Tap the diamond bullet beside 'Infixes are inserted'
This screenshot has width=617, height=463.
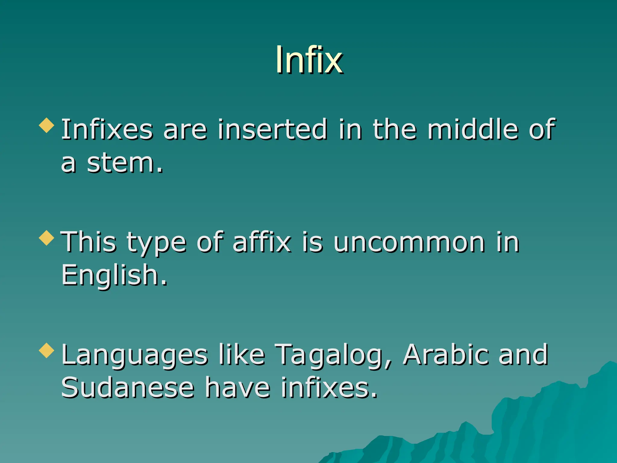tap(47, 125)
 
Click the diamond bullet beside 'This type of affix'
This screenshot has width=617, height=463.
tap(47, 238)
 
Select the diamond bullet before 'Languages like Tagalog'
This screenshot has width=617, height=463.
tap(47, 350)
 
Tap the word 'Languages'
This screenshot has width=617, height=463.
tap(134, 355)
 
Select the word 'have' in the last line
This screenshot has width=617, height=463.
tap(238, 388)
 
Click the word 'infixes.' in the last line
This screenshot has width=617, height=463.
tap(329, 388)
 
